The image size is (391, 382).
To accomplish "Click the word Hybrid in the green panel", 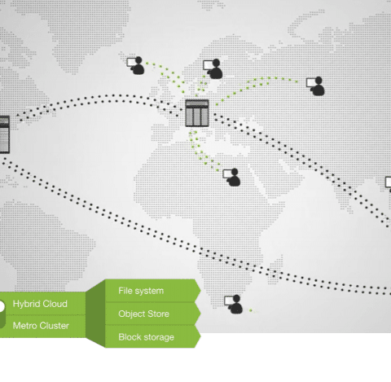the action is click(25, 304).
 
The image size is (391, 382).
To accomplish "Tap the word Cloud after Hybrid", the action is click(54, 304).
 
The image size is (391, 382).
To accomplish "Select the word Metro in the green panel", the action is click(24, 325).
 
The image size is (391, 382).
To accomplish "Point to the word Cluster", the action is click(54, 325).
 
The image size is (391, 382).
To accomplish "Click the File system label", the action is click(141, 291).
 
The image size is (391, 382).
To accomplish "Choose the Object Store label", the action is click(143, 314).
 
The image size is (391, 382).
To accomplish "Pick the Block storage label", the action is click(146, 337).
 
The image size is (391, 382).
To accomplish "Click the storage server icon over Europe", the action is click(197, 113).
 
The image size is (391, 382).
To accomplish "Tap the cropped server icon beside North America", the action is click(5, 134).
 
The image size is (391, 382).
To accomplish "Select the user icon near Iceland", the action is click(136, 65).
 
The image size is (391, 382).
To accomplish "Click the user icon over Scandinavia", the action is click(213, 68).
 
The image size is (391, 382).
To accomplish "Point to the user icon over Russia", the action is click(315, 86).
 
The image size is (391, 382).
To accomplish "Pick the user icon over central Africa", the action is click(231, 178).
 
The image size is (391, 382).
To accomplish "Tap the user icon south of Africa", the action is click(233, 305).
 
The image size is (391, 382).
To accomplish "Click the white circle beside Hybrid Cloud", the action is click(2, 306).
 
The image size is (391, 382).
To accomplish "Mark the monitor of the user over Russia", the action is click(311, 82).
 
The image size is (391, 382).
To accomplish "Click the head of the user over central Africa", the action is click(235, 172).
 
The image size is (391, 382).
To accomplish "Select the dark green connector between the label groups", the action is click(95, 314).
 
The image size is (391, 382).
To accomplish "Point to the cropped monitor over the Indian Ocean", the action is click(389, 182).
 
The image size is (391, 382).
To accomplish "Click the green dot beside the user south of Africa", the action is click(251, 310).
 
